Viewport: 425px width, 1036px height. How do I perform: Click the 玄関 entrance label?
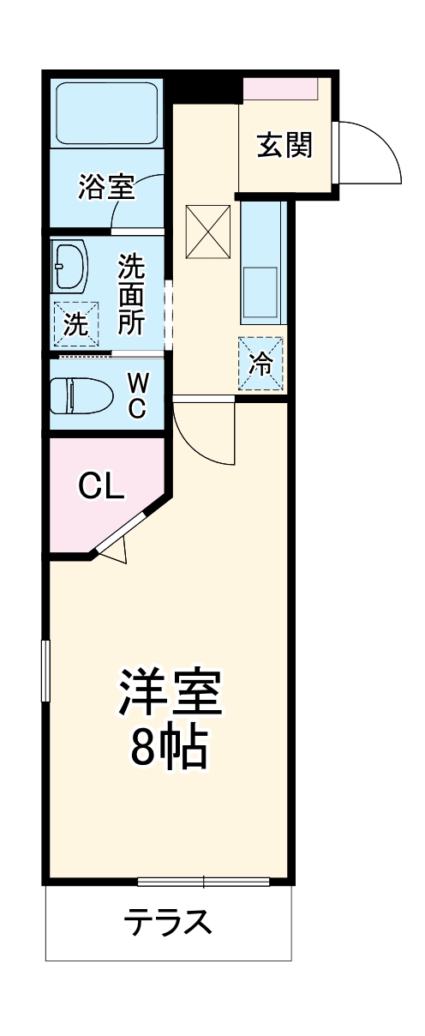click(x=283, y=146)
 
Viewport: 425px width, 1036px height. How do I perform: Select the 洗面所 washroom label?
click(x=131, y=294)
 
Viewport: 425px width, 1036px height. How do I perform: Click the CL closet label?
click(x=102, y=487)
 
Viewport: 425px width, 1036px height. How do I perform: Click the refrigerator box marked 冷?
click(x=260, y=364)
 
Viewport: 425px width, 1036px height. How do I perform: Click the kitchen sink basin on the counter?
click(x=260, y=292)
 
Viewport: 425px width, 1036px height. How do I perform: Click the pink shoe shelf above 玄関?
click(x=280, y=87)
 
